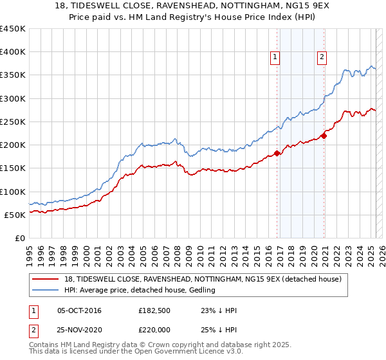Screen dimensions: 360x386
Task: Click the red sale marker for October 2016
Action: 277,153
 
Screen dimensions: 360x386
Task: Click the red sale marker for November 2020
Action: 324,135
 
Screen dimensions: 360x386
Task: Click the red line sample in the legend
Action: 46,278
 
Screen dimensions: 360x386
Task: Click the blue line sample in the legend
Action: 46,290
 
